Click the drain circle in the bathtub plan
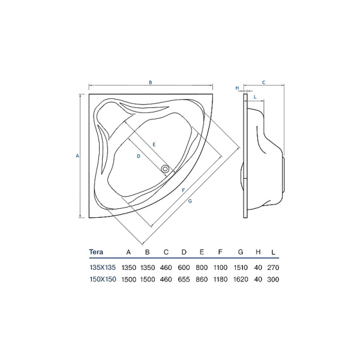click(165, 169)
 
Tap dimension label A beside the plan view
click(77, 156)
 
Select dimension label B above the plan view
click(151, 82)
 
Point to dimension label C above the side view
click(263, 82)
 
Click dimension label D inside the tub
click(139, 156)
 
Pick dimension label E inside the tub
click(154, 145)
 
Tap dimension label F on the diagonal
click(183, 190)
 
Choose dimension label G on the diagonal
click(190, 201)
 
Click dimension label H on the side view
click(238, 88)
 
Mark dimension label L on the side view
click(255, 97)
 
